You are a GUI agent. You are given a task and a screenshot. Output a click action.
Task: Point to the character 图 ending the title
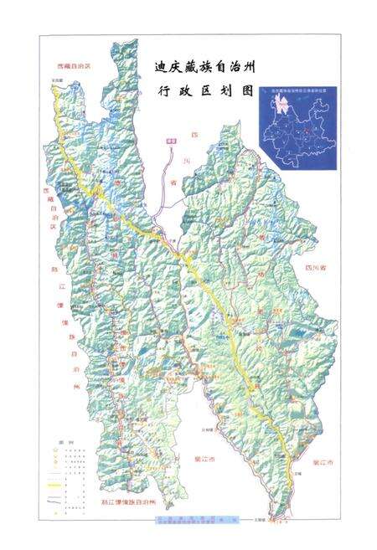tap(245, 95)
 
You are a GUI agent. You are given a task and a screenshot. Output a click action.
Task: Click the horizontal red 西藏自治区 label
tap(72, 64)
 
